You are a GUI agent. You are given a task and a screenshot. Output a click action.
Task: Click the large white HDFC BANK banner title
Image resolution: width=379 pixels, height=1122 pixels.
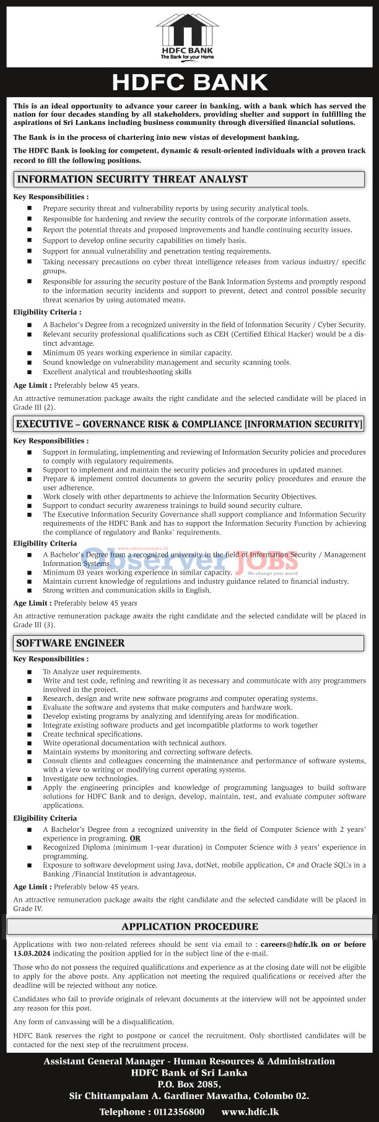point(189,83)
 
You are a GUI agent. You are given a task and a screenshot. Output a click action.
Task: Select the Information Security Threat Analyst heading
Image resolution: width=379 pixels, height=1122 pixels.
point(132,179)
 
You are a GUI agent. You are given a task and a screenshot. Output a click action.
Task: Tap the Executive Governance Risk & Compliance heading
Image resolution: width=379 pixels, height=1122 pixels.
point(189,424)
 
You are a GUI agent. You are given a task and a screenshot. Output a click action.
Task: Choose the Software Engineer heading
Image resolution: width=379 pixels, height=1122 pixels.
point(71,643)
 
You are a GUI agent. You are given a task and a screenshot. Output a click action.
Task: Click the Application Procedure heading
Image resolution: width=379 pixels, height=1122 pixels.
point(189,927)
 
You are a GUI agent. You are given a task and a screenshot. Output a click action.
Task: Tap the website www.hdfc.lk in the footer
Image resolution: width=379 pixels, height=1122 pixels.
point(250,1111)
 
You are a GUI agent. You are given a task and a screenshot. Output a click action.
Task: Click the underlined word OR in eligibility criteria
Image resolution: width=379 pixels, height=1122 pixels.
point(135,838)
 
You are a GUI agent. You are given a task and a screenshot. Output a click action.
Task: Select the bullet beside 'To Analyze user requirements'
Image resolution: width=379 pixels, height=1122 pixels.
point(29,672)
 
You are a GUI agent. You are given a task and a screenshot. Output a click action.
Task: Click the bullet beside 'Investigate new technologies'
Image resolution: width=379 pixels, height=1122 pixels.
point(29,779)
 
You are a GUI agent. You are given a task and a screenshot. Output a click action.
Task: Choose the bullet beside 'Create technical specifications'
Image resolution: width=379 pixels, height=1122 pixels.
point(29,734)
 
